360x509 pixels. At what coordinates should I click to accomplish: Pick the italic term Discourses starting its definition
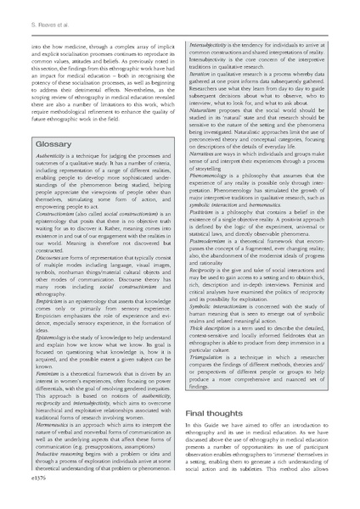[35, 277]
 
